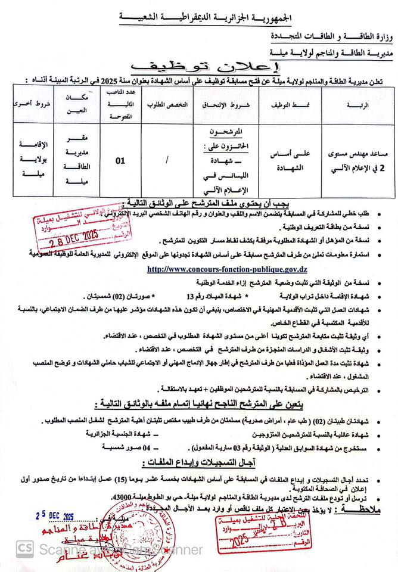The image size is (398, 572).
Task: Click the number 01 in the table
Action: coord(120,160)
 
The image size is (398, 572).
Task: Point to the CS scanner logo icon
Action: coord(25,548)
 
